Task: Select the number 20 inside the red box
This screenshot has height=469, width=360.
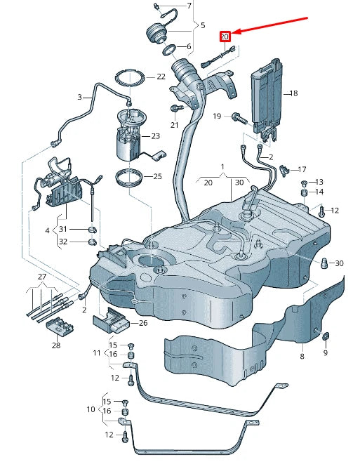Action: click(225, 37)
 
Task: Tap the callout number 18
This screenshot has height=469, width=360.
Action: click(293, 93)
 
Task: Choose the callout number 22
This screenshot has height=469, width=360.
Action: click(161, 77)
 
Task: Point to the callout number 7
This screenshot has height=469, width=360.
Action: click(188, 6)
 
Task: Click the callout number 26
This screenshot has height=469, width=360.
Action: click(144, 324)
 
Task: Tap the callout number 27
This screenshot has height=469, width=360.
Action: click(41, 277)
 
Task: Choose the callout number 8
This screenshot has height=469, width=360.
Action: click(302, 357)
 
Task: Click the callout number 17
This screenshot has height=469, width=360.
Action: click(302, 169)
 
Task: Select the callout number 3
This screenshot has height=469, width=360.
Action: click(79, 97)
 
